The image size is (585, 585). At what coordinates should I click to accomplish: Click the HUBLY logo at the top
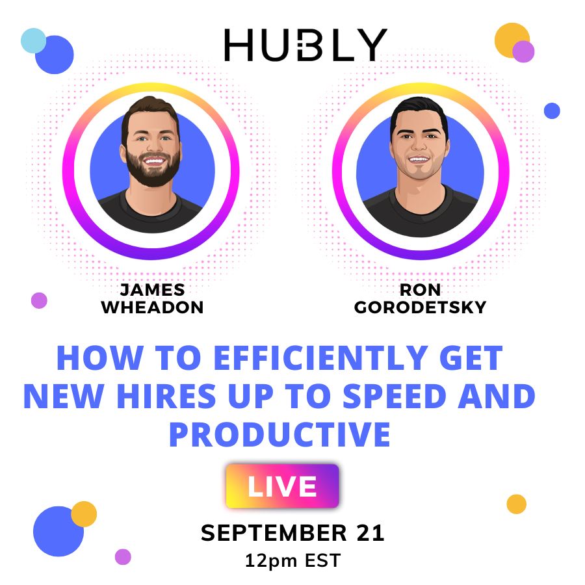point(305,45)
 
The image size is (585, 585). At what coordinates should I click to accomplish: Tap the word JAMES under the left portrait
point(152,290)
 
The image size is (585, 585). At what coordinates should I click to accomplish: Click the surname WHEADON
point(152,307)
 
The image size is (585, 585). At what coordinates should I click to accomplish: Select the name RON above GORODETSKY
point(420,290)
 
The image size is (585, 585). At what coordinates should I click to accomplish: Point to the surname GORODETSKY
point(420,307)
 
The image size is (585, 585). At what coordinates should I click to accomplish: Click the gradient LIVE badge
point(283,486)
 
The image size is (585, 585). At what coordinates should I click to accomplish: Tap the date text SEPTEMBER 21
point(292,532)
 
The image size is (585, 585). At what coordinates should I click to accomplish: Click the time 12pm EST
point(292,560)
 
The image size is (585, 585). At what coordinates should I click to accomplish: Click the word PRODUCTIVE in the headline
point(279,434)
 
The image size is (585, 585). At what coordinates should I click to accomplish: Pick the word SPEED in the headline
point(395,396)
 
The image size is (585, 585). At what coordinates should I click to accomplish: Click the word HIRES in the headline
point(166,396)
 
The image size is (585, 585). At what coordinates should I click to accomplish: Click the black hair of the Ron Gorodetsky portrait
point(419,110)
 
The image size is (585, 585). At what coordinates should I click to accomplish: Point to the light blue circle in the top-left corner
point(33,40)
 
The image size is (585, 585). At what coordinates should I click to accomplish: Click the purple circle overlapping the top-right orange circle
point(523,51)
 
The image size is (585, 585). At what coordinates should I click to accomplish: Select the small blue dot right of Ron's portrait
point(552,110)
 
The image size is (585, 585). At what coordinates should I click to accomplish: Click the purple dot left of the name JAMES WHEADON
point(39,300)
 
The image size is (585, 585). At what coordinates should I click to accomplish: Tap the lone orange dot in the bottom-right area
point(517,504)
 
